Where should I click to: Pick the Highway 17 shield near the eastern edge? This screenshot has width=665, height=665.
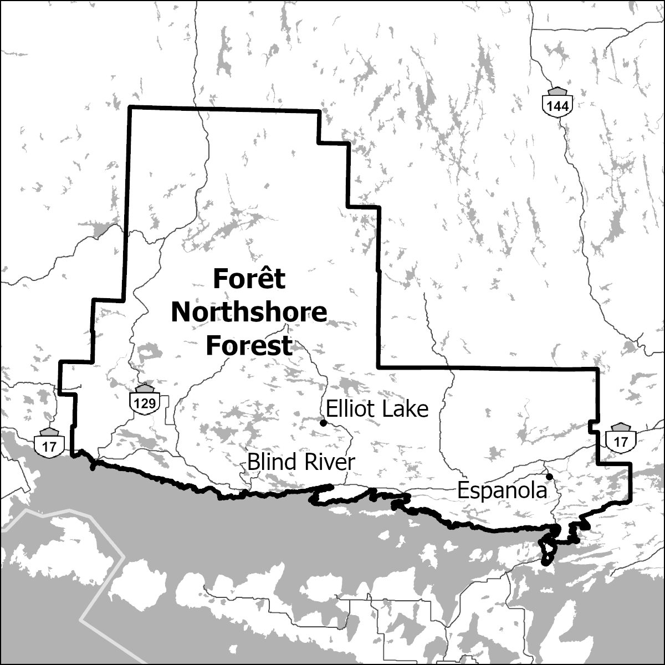(621, 438)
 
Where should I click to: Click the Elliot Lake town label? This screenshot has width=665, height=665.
(377, 409)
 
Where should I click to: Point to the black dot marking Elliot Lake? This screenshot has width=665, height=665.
(323, 423)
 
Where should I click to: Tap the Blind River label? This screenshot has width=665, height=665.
(300, 462)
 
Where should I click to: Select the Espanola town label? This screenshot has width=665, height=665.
(499, 490)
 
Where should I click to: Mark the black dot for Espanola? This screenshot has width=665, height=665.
(549, 477)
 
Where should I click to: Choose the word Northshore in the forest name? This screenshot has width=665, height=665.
(249, 312)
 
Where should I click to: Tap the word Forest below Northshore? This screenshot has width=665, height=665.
(249, 345)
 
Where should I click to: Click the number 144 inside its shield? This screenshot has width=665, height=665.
(556, 106)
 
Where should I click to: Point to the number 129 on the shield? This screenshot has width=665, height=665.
(145, 403)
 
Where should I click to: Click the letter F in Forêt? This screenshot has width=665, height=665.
(219, 279)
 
